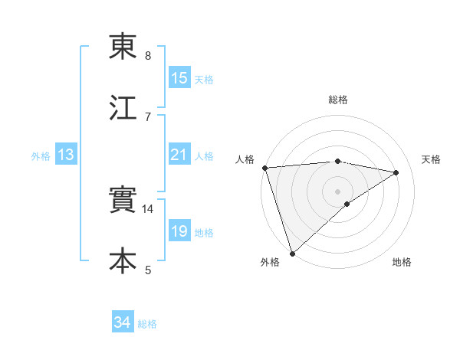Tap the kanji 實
[x=123, y=201]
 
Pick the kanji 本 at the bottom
[x=123, y=261]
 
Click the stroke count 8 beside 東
[x=148, y=56]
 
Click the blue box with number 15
[x=179, y=78]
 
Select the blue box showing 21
[x=179, y=155]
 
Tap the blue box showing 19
[x=179, y=231]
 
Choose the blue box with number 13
[x=66, y=155]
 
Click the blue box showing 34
[x=123, y=323]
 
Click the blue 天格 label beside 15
[x=204, y=79]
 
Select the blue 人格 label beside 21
[x=204, y=156]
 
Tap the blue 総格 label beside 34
[x=147, y=324]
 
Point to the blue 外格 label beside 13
[x=41, y=156]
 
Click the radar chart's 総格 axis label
[x=338, y=100]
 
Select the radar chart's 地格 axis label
[x=402, y=262]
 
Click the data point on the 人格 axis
[x=264, y=168]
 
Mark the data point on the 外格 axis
[x=292, y=253]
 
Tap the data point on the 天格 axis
[x=396, y=172]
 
